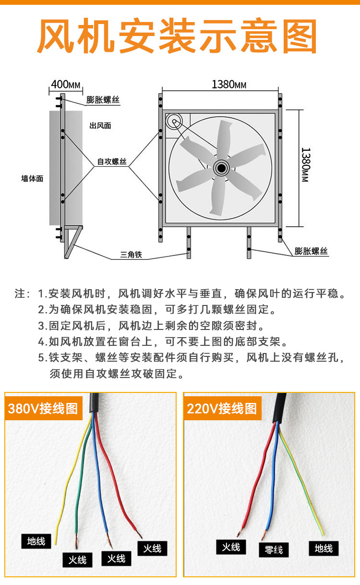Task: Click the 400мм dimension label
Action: click(66, 85)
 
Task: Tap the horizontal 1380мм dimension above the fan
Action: click(228, 85)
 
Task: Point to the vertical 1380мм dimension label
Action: click(305, 165)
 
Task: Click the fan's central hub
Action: click(221, 168)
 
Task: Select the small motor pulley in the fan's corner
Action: click(174, 122)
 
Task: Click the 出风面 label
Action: click(100, 126)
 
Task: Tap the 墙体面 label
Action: click(32, 179)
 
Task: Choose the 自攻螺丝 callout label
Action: click(112, 162)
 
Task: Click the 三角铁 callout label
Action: click(131, 255)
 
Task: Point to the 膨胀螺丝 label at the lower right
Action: click(311, 251)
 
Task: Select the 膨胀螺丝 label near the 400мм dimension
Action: click(103, 99)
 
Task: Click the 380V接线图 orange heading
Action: click(43, 408)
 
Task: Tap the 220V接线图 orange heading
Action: click(222, 408)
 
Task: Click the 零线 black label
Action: click(274, 550)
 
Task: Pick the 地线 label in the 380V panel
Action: click(36, 541)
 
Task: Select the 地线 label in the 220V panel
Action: click(324, 548)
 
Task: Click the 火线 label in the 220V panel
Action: click(231, 547)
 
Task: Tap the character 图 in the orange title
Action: click(300, 36)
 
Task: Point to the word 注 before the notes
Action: click(20, 293)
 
